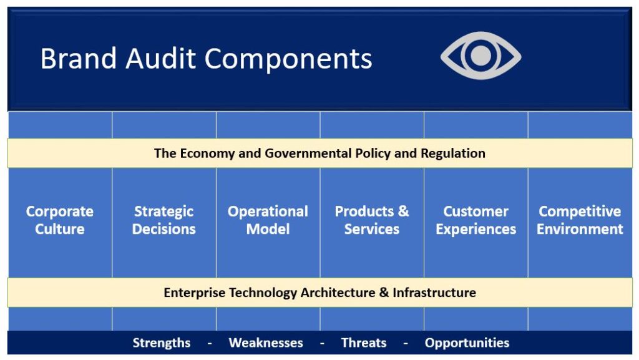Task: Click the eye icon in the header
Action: [481, 56]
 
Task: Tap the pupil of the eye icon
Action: [481, 56]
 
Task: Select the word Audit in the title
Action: [161, 58]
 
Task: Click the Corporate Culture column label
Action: [60, 220]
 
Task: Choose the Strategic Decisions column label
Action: [164, 220]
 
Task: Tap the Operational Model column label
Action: [268, 220]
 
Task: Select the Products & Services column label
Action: [372, 220]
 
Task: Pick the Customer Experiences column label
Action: [476, 220]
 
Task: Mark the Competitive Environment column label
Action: [580, 220]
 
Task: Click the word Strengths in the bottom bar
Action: [162, 343]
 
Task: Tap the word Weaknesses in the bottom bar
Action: [266, 343]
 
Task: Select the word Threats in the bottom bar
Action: [364, 343]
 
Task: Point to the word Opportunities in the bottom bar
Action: [467, 343]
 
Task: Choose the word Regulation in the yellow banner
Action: [453, 153]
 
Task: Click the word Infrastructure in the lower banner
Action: [434, 293]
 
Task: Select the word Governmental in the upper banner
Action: [308, 153]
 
